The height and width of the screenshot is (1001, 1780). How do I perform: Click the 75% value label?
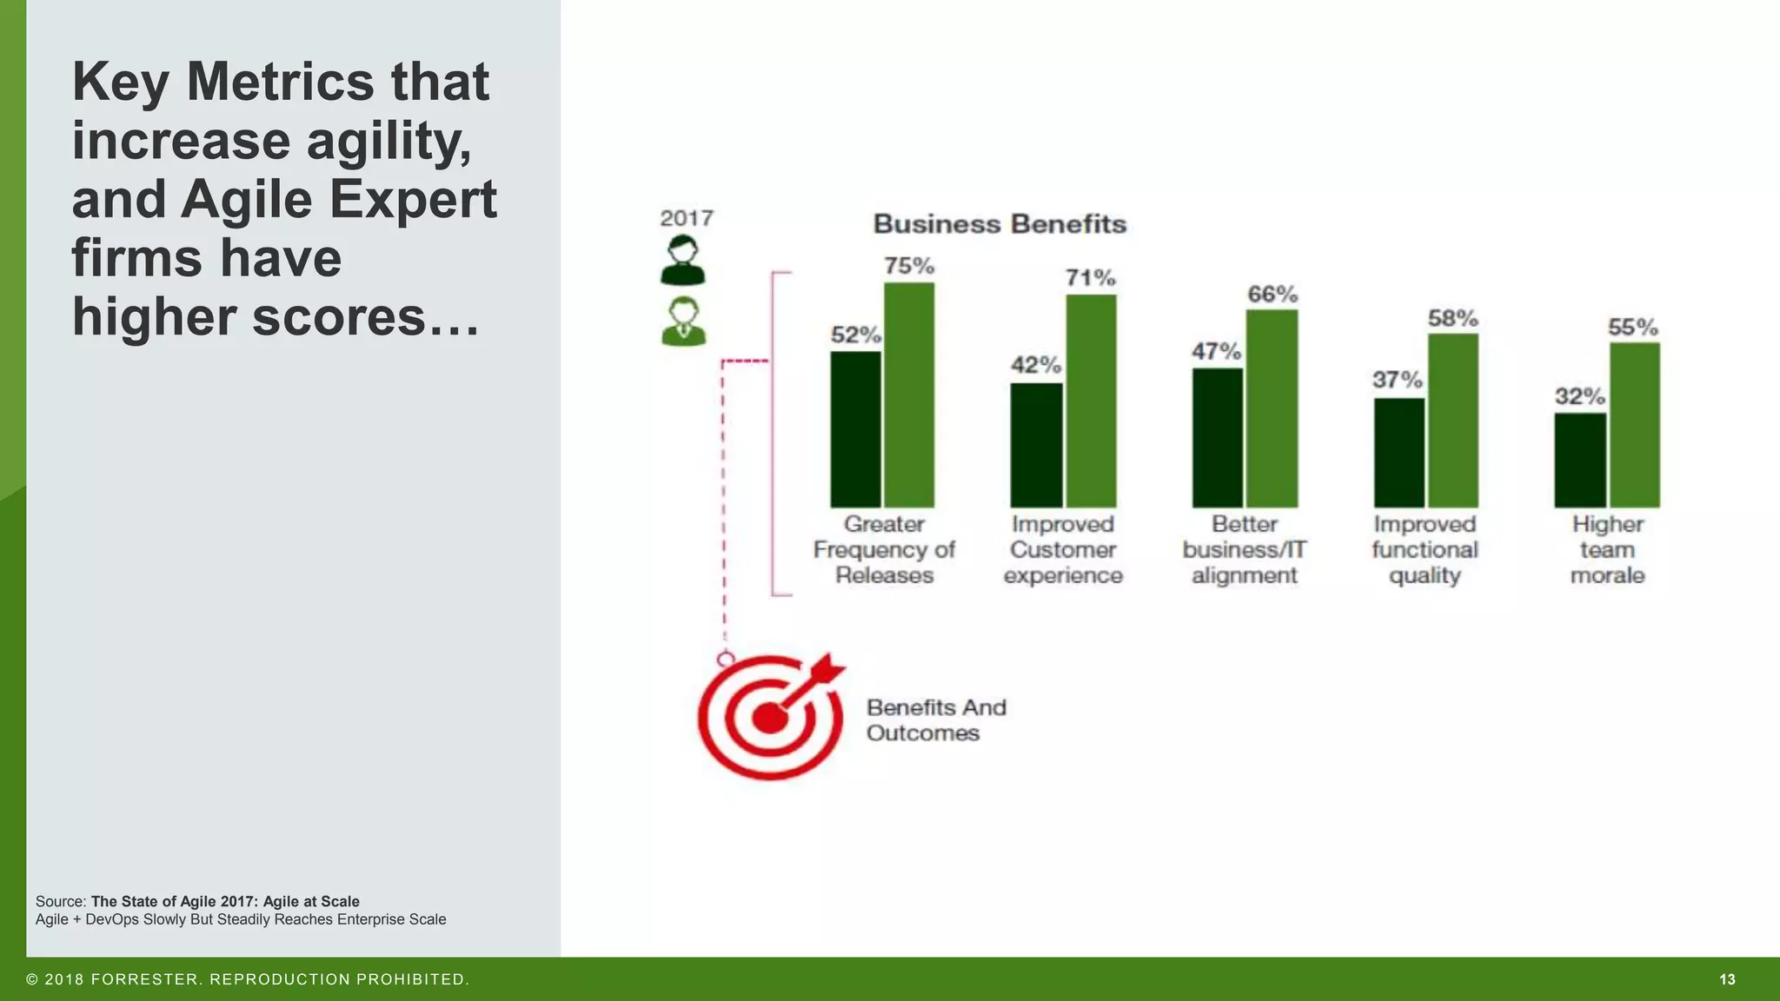tap(909, 266)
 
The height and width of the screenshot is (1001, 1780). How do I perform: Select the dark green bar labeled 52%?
tap(855, 429)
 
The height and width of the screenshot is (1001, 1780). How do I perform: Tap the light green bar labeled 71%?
tap(1091, 401)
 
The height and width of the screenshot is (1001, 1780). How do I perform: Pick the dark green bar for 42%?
tap(1036, 445)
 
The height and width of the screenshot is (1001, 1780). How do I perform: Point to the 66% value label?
tap(1272, 295)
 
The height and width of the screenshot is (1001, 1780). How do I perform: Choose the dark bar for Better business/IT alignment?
tap(1217, 438)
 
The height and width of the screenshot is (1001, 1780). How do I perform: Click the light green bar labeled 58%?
tap(1452, 421)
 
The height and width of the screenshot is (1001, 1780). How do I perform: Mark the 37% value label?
tap(1397, 380)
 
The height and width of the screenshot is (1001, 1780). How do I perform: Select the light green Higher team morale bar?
tap(1634, 425)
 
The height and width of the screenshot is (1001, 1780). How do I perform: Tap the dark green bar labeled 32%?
tap(1579, 461)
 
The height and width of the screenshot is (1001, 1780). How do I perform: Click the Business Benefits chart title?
tap(1000, 224)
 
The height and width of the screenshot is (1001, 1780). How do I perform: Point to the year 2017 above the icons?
tap(687, 218)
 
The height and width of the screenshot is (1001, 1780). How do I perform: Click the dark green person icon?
tap(683, 261)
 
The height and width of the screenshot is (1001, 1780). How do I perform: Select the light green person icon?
tap(683, 322)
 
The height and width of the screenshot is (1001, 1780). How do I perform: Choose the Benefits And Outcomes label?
tap(936, 720)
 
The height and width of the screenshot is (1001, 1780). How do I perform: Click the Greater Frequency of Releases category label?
tap(884, 550)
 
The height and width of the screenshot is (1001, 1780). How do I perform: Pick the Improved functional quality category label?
tap(1425, 550)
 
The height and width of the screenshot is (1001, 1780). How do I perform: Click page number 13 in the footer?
tap(1727, 979)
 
